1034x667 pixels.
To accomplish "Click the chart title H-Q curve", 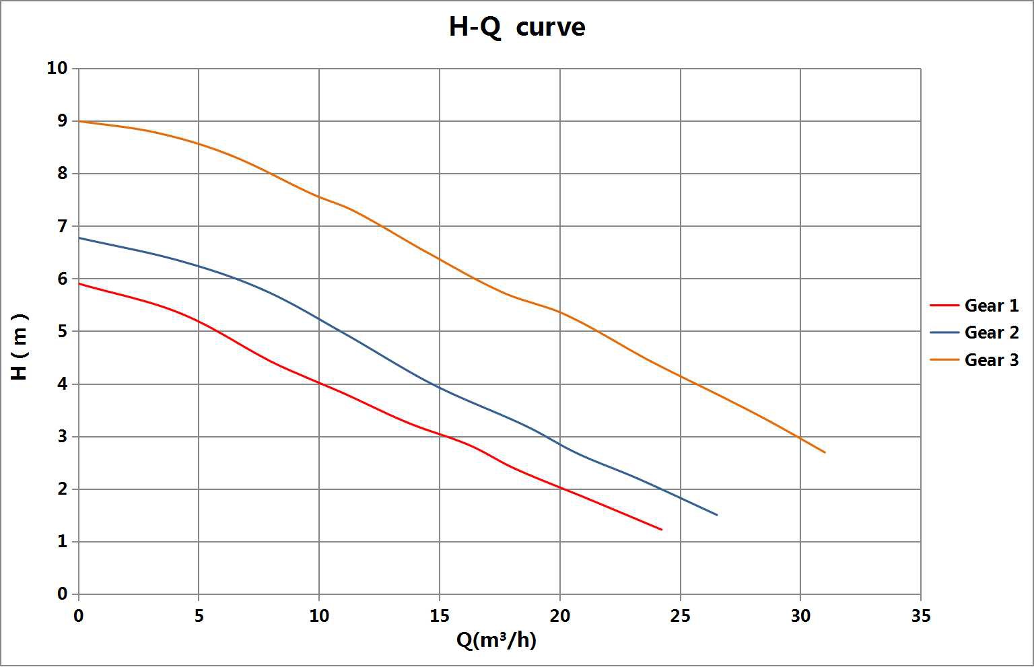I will (517, 28).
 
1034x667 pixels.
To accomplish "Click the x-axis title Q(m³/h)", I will (496, 640).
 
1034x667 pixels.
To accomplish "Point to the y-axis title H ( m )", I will (20, 347).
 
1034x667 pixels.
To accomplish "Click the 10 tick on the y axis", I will (58, 68).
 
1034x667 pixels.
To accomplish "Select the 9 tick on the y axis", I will (63, 121).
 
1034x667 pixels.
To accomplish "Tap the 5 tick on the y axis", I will (63, 331).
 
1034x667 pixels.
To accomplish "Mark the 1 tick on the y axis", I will (63, 542).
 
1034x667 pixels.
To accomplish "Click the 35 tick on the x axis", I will (920, 616).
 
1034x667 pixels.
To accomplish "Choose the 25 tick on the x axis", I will (680, 616).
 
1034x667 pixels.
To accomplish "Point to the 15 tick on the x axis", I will (440, 616).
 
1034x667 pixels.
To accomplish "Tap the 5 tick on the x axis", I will (199, 616).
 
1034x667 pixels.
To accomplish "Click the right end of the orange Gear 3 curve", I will (825, 452).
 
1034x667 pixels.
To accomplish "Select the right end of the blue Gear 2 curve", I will (717, 515).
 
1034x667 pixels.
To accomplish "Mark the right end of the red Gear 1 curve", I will (662, 530).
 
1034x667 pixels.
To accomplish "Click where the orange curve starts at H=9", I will (79, 121).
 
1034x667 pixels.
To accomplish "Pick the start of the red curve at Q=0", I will (79, 283).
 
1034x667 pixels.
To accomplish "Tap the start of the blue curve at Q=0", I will (79, 238).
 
